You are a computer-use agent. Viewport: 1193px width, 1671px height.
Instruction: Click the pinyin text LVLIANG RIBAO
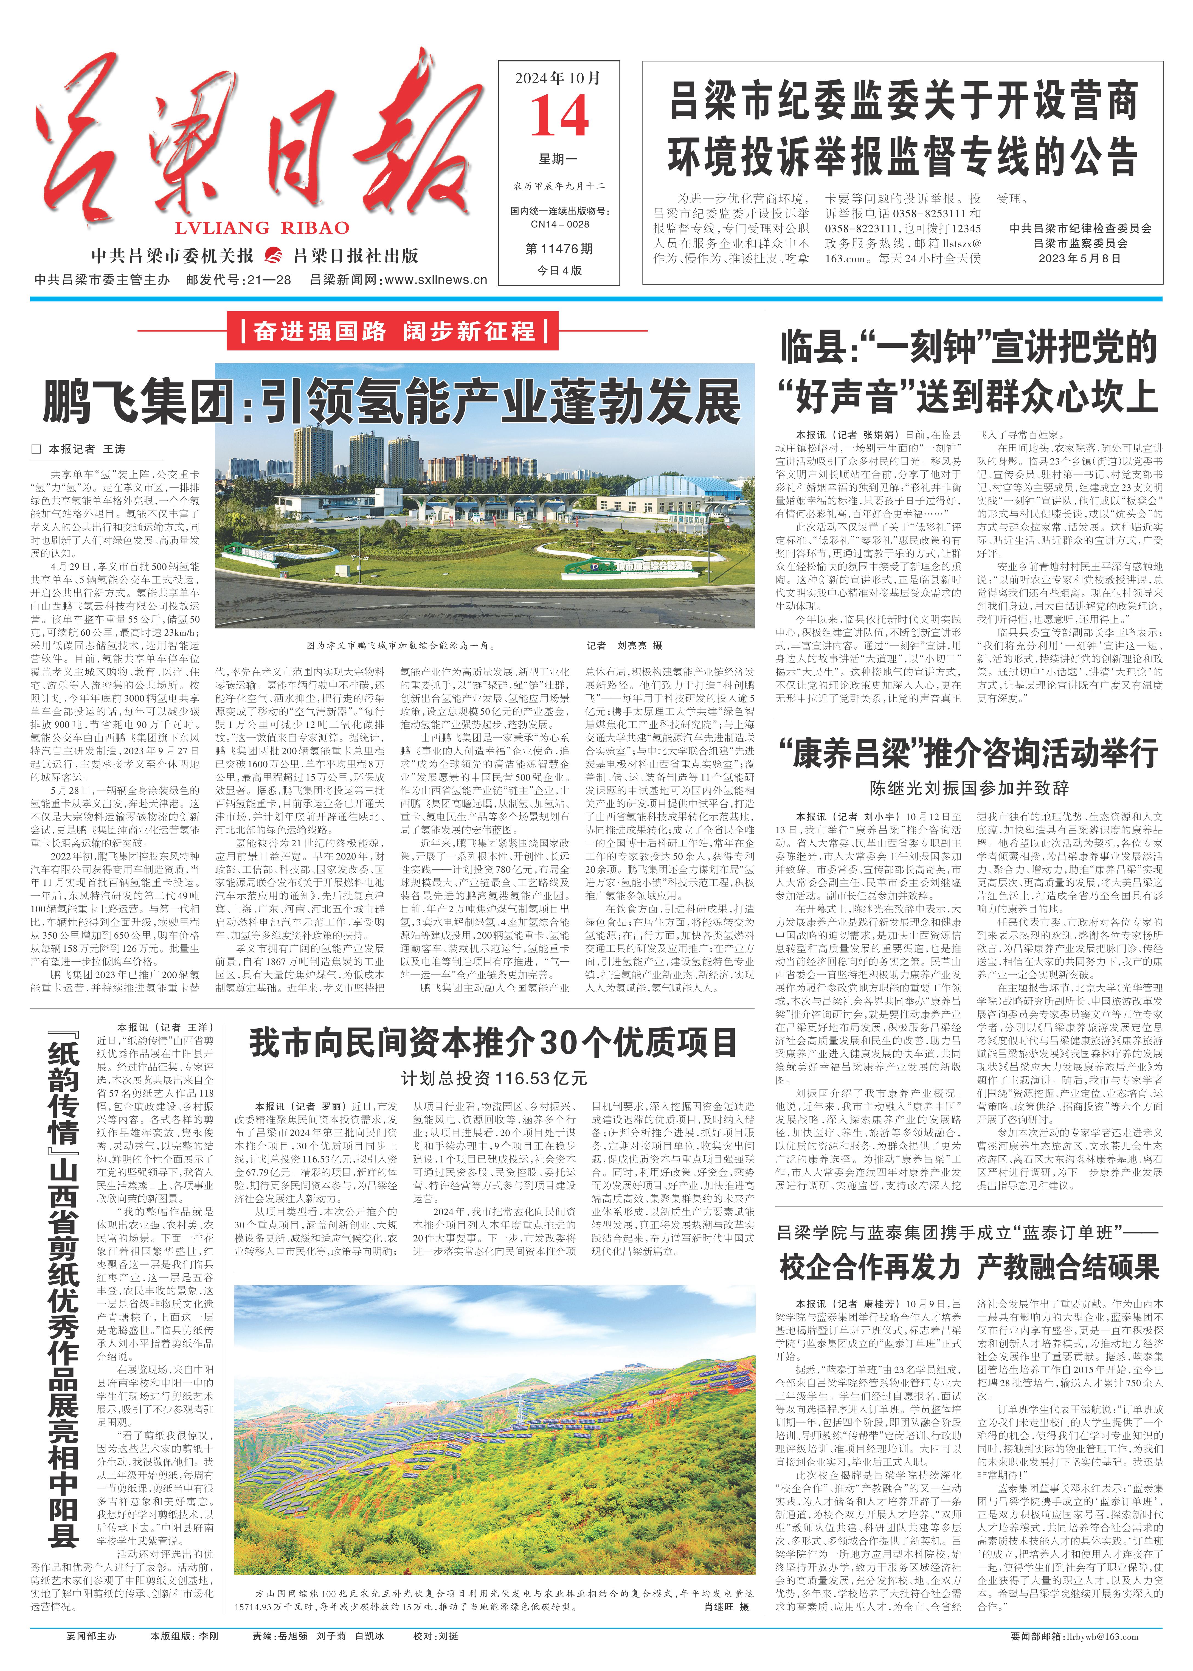(262, 228)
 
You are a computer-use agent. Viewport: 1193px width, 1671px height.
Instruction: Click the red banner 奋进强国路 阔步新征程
(395, 332)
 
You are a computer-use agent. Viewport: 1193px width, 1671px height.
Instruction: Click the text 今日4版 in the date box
(559, 270)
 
